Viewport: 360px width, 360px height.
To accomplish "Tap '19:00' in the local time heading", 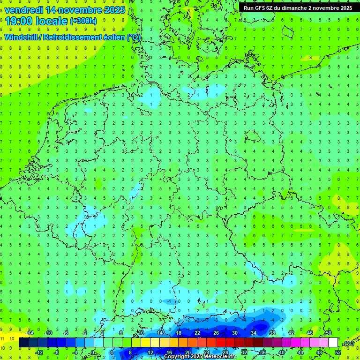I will click(x=20, y=21).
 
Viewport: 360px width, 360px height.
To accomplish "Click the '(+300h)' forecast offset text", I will click(x=83, y=21).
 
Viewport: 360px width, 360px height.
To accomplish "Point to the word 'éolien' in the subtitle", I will click(x=110, y=37).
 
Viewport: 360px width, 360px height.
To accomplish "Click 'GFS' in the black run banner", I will click(x=263, y=8).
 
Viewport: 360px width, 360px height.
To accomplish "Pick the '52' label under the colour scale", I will click(x=338, y=352).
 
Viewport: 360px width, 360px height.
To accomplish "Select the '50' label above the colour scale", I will click(x=329, y=333).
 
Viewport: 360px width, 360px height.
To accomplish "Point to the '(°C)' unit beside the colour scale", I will click(x=348, y=343).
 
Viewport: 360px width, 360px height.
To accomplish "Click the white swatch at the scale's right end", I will click(x=333, y=343).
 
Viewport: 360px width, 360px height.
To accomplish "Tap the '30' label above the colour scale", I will click(x=235, y=333).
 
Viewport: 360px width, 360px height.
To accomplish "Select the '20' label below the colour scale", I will click(x=188, y=352).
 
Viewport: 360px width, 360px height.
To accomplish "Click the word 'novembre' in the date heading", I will click(x=75, y=10).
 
